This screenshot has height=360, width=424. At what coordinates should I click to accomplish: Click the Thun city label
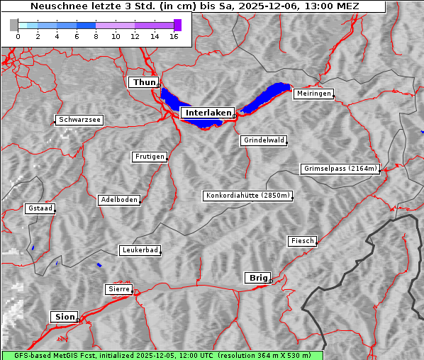pyautogui.click(x=144, y=83)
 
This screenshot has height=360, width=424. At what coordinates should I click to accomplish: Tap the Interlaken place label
pyautogui.click(x=207, y=113)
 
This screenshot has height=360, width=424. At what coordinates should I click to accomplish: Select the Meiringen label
pyautogui.click(x=313, y=94)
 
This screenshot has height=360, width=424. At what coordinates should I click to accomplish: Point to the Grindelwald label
pyautogui.click(x=264, y=140)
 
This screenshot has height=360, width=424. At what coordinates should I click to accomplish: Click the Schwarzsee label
pyautogui.click(x=79, y=120)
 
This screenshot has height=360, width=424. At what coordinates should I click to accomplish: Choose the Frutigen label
pyautogui.click(x=149, y=157)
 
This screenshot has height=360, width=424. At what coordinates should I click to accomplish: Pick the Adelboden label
pyautogui.click(x=118, y=200)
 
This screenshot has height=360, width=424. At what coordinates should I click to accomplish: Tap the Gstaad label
pyautogui.click(x=40, y=208)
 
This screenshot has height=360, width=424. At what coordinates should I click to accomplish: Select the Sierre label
pyautogui.click(x=118, y=289)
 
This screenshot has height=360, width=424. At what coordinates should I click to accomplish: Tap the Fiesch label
pyautogui.click(x=302, y=241)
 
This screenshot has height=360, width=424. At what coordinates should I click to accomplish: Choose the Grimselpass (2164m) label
pyautogui.click(x=340, y=169)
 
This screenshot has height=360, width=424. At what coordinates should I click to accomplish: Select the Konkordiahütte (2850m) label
pyautogui.click(x=248, y=196)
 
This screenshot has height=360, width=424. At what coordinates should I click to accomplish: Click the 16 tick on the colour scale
pyautogui.click(x=174, y=36)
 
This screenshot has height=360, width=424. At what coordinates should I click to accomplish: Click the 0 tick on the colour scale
pyautogui.click(x=18, y=36)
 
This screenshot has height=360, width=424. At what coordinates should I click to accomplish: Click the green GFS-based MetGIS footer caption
pyautogui.click(x=162, y=355)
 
